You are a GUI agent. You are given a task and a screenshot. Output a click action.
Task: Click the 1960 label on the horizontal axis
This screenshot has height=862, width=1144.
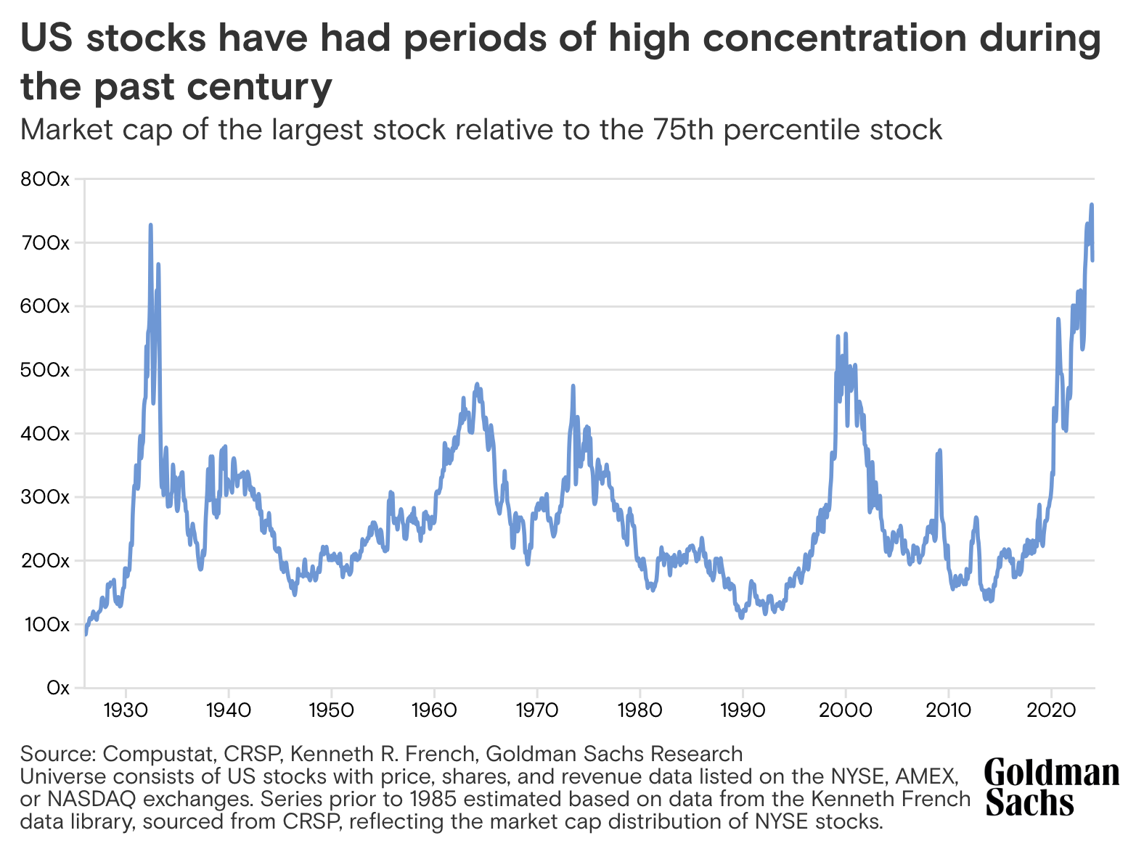434,709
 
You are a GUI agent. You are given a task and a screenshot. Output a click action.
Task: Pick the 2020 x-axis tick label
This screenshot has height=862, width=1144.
1051,709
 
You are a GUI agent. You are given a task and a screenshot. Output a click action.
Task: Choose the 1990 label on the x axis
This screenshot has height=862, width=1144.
743,709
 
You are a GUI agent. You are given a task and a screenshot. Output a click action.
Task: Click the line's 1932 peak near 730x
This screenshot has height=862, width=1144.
150,225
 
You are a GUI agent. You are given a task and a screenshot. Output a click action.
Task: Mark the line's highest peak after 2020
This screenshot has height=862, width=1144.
1091,205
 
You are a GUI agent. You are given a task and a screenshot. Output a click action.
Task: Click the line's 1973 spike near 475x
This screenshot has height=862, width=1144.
573,386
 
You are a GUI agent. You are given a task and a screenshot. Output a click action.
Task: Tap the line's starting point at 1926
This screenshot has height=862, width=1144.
86,634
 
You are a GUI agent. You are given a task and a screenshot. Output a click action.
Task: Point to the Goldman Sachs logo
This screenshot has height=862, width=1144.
1051,787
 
